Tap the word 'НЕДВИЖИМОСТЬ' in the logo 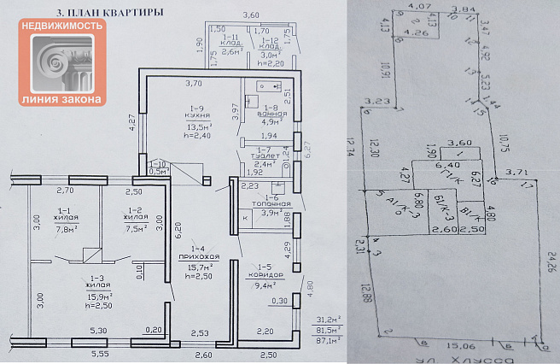pyautogui.click(x=61, y=26)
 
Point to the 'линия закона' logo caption pyautogui.click(x=61, y=100)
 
